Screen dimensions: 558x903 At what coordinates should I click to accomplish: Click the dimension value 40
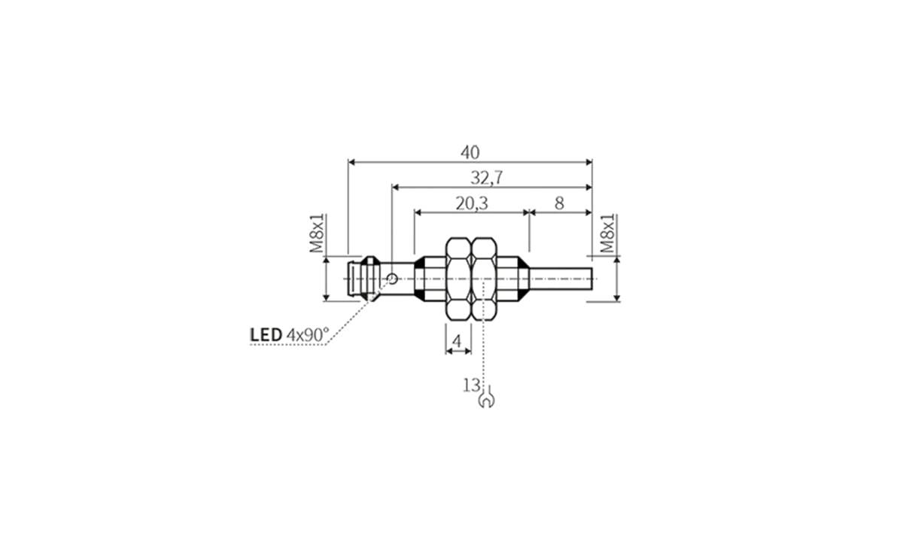click(x=470, y=153)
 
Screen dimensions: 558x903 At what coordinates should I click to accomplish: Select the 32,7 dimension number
click(x=486, y=178)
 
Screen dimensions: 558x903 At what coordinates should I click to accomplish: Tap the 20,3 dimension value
click(x=472, y=203)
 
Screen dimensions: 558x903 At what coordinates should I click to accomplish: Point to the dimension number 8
click(x=558, y=203)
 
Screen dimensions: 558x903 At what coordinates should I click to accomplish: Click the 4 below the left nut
click(x=455, y=342)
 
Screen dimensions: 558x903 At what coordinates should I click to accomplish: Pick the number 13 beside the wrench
click(x=471, y=386)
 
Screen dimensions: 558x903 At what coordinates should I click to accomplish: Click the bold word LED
click(x=266, y=334)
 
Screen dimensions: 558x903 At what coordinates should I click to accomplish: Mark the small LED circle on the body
click(x=392, y=279)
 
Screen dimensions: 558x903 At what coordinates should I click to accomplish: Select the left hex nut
click(x=458, y=279)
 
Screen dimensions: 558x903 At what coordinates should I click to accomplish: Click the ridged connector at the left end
click(x=360, y=279)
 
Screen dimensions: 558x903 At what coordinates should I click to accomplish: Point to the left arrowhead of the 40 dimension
click(x=352, y=161)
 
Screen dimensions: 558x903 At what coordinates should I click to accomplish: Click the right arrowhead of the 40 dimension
click(x=588, y=161)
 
